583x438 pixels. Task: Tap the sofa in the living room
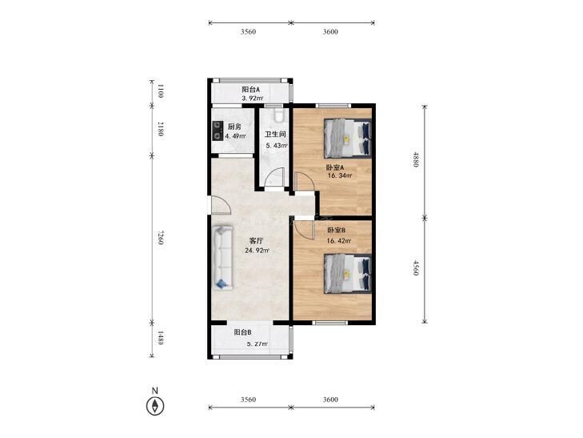click(222, 257)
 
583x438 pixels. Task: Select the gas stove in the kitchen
click(218, 131)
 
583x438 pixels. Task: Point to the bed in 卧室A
click(347, 138)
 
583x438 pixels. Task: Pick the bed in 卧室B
click(347, 274)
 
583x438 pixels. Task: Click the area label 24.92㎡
click(258, 251)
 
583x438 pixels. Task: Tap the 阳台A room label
click(250, 90)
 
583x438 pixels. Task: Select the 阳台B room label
click(243, 332)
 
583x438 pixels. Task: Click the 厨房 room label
click(234, 127)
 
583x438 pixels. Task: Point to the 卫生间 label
click(275, 135)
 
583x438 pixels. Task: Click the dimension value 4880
click(416, 160)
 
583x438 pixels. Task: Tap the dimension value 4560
click(416, 268)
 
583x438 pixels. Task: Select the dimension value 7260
click(160, 237)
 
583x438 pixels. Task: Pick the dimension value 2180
click(160, 129)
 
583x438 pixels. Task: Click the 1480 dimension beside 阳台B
click(160, 338)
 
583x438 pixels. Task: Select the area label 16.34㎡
click(339, 175)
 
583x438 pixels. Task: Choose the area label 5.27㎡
click(258, 344)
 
